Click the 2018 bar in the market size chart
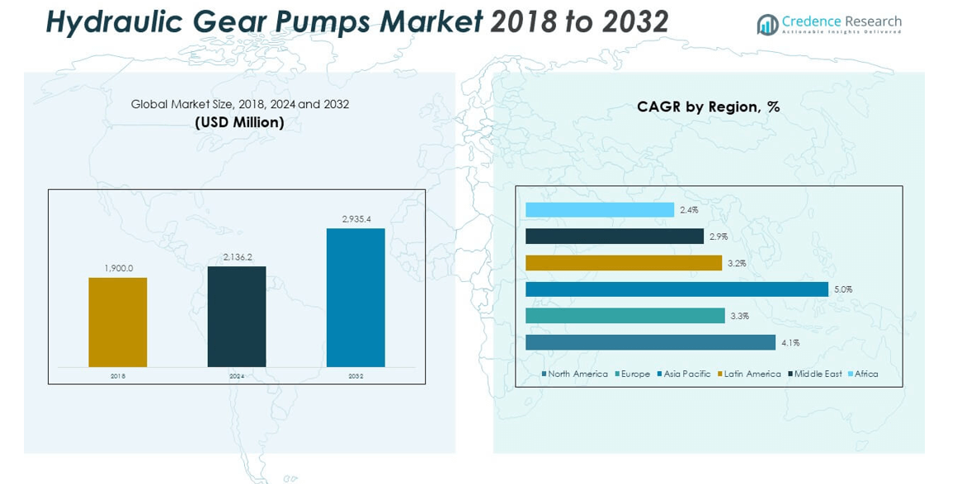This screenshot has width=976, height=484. tap(117, 322)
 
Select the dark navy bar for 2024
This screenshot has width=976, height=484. tap(237, 317)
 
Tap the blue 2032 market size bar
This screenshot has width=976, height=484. tap(356, 298)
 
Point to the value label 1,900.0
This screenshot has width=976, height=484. tap(118, 268)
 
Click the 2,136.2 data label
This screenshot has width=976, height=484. tap(237, 257)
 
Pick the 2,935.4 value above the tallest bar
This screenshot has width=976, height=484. tap(356, 219)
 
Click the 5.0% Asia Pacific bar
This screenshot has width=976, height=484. tap(677, 289)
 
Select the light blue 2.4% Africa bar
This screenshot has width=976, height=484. tap(600, 210)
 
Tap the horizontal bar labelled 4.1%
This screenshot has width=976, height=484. tap(650, 342)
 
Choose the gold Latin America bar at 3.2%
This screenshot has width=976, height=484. tap(624, 263)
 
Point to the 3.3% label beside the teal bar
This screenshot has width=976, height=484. tap(739, 317)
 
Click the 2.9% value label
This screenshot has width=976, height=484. tap(718, 237)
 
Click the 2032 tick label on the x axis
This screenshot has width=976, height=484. tap(356, 376)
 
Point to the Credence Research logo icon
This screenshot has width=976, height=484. tap(767, 25)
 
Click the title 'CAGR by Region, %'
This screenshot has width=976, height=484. tap(708, 107)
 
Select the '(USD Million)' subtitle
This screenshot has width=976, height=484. tap(239, 123)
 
